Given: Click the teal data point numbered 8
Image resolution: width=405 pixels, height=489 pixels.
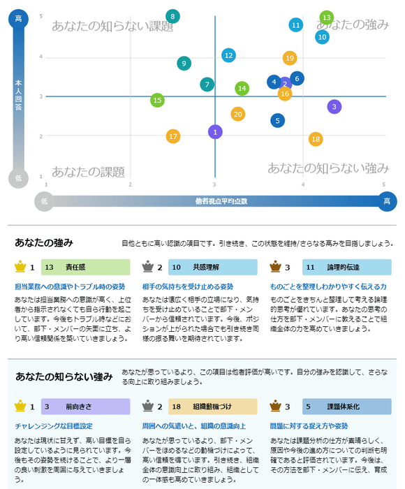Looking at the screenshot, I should point(173,16).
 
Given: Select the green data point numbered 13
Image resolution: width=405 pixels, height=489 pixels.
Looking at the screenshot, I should point(326,17).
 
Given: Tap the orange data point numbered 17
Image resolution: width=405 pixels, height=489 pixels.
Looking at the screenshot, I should point(173,136).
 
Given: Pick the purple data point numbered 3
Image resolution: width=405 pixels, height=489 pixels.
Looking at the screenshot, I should point(334,107).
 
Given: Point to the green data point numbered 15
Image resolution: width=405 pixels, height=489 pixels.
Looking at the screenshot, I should point(157,101).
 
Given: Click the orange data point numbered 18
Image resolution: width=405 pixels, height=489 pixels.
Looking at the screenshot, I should point(316,139).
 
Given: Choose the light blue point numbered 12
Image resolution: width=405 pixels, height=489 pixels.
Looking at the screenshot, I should point(229,55).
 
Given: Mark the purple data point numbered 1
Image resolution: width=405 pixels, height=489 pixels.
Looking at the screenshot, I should point(215,131).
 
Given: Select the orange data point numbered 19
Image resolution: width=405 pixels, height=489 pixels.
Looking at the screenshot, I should point(290,58).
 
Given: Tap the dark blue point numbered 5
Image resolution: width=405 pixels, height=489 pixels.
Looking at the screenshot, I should point(278,121).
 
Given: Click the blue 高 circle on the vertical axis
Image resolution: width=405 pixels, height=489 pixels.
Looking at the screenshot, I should point(18,19).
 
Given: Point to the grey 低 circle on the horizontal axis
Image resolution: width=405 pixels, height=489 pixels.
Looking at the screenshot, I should point(44,201).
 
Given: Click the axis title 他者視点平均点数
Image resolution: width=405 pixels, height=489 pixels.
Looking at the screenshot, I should point(221,201).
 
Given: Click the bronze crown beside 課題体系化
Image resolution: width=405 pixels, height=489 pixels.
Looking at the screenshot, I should point(274,405).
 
